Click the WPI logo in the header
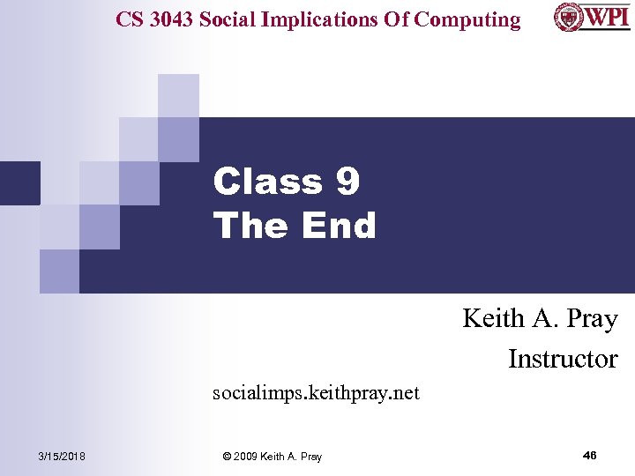point(592,17)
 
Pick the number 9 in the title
point(347,182)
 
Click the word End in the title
point(339,226)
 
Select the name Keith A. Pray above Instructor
point(540,318)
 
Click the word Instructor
point(563,359)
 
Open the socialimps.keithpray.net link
point(316,392)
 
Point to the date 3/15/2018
point(62,456)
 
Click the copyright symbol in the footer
point(228,457)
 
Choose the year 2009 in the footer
point(248,457)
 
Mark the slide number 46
point(590,455)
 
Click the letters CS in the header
point(129,19)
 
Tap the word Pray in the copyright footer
point(310,457)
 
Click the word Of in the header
point(394,19)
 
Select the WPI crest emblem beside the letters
point(567,17)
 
